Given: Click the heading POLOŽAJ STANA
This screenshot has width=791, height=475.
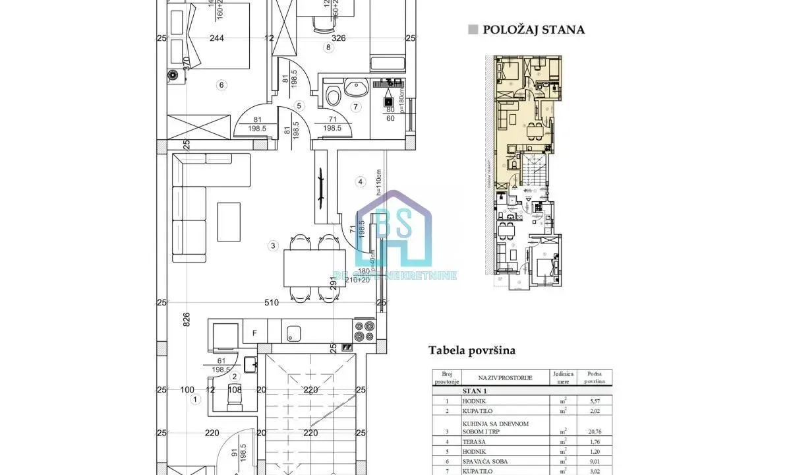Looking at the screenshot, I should pos(533,30).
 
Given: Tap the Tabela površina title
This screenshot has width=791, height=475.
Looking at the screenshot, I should pos(472,350).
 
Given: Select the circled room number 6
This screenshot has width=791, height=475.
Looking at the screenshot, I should pos(221,84).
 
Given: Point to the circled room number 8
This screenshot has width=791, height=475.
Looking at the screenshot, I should pos(328,47).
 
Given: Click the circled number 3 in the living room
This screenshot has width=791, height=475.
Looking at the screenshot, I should pos(272,246).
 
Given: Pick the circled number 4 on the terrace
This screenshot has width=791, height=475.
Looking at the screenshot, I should pos(360,181).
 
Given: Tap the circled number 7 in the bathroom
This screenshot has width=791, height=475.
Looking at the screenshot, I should pos(356,106).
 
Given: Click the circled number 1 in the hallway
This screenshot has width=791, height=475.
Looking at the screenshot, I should pos(194,399).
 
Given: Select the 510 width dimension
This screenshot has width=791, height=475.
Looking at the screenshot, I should pos(270,303).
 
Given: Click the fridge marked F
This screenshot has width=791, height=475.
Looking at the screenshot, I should pos(254,333).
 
